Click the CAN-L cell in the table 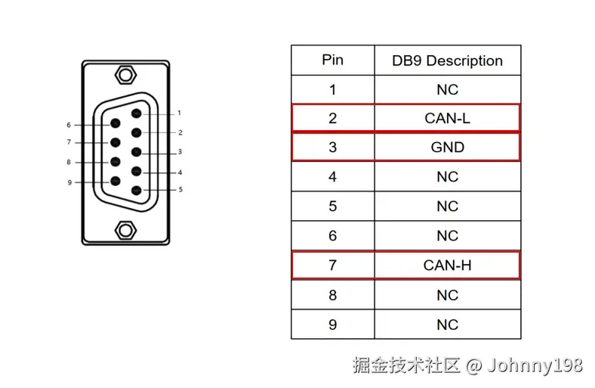(x=447, y=118)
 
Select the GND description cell (x=447, y=147)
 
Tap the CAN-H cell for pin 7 (x=447, y=265)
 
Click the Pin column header (x=332, y=60)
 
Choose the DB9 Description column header (x=447, y=61)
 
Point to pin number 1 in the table (x=332, y=89)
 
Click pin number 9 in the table (x=332, y=324)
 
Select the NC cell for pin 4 (x=447, y=177)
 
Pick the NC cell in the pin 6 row (x=447, y=236)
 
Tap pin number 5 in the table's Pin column (x=332, y=206)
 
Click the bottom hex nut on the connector (x=125, y=228)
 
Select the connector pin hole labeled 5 (x=137, y=191)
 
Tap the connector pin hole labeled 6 (x=116, y=123)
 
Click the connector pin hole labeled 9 (x=116, y=181)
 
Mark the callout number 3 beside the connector (x=180, y=152)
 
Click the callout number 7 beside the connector (x=69, y=142)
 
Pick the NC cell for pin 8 (x=447, y=295)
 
